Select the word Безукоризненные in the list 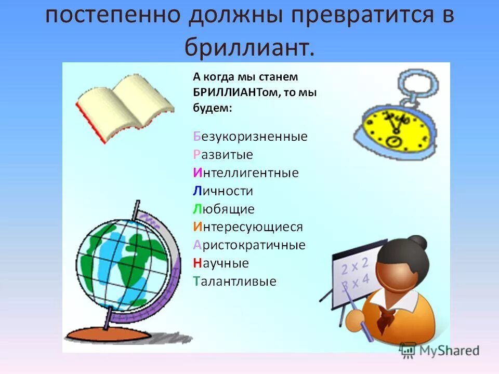tap(250, 137)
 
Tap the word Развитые tap(223, 155)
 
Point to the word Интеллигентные tap(245, 173)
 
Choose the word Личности tap(222, 191)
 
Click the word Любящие tap(224, 209)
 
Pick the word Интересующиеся tap(247, 227)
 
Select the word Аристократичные tap(249, 245)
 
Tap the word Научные tap(221, 263)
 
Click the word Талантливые tap(234, 282)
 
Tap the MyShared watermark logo tap(440, 350)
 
